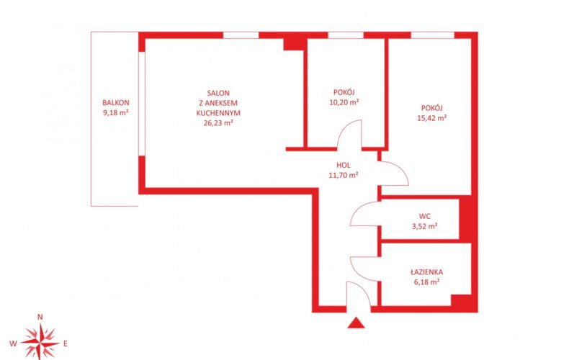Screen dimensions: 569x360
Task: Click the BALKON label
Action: coord(115,103)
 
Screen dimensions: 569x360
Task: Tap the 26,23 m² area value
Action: coord(218,122)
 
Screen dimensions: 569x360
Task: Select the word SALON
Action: coord(218,94)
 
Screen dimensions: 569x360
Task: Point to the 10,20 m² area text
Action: coord(344,102)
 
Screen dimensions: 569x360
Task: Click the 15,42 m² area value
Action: coord(432,117)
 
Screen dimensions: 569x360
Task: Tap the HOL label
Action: coord(344,166)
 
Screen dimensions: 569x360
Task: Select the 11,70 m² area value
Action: coord(344,175)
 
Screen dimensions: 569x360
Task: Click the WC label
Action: coord(424,216)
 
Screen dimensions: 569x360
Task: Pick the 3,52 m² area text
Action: coord(424,226)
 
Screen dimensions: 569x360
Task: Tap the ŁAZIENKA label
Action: coord(426,272)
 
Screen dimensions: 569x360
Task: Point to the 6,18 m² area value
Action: coord(426,282)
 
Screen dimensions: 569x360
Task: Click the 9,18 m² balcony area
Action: coord(116,112)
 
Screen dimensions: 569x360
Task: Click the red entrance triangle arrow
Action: coord(356,323)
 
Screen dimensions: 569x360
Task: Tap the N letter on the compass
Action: coord(40,317)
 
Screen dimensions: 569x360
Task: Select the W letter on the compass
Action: coord(13,343)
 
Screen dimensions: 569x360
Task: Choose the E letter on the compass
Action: coord(66,343)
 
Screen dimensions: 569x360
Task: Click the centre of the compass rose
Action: coord(40,343)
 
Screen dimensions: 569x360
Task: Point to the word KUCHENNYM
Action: coord(218,113)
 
